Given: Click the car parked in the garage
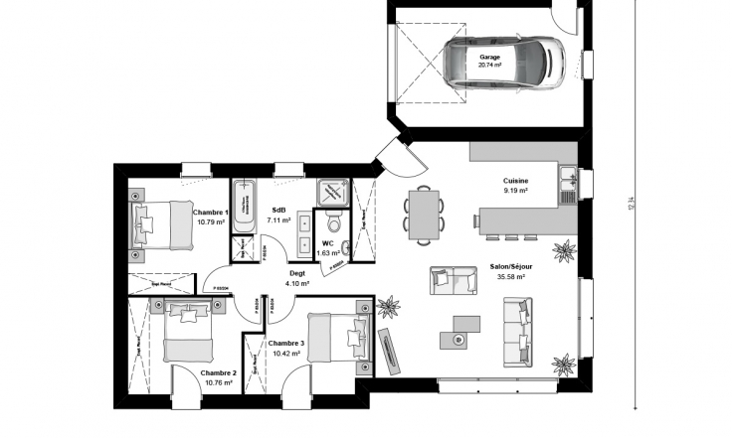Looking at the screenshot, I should click(503, 66).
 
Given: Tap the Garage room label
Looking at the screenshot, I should click(489, 58).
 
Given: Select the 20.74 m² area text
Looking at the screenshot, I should click(489, 67).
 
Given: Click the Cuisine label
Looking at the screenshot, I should click(515, 181).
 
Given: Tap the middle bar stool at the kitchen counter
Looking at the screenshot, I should click(510, 237).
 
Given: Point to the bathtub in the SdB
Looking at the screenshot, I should click(244, 207).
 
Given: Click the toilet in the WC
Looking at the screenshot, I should click(334, 224).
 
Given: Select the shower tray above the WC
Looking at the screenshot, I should click(331, 192).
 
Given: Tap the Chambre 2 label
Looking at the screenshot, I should click(220, 372).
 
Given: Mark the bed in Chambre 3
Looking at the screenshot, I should click(336, 338).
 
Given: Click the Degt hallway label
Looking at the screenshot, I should click(297, 273).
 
